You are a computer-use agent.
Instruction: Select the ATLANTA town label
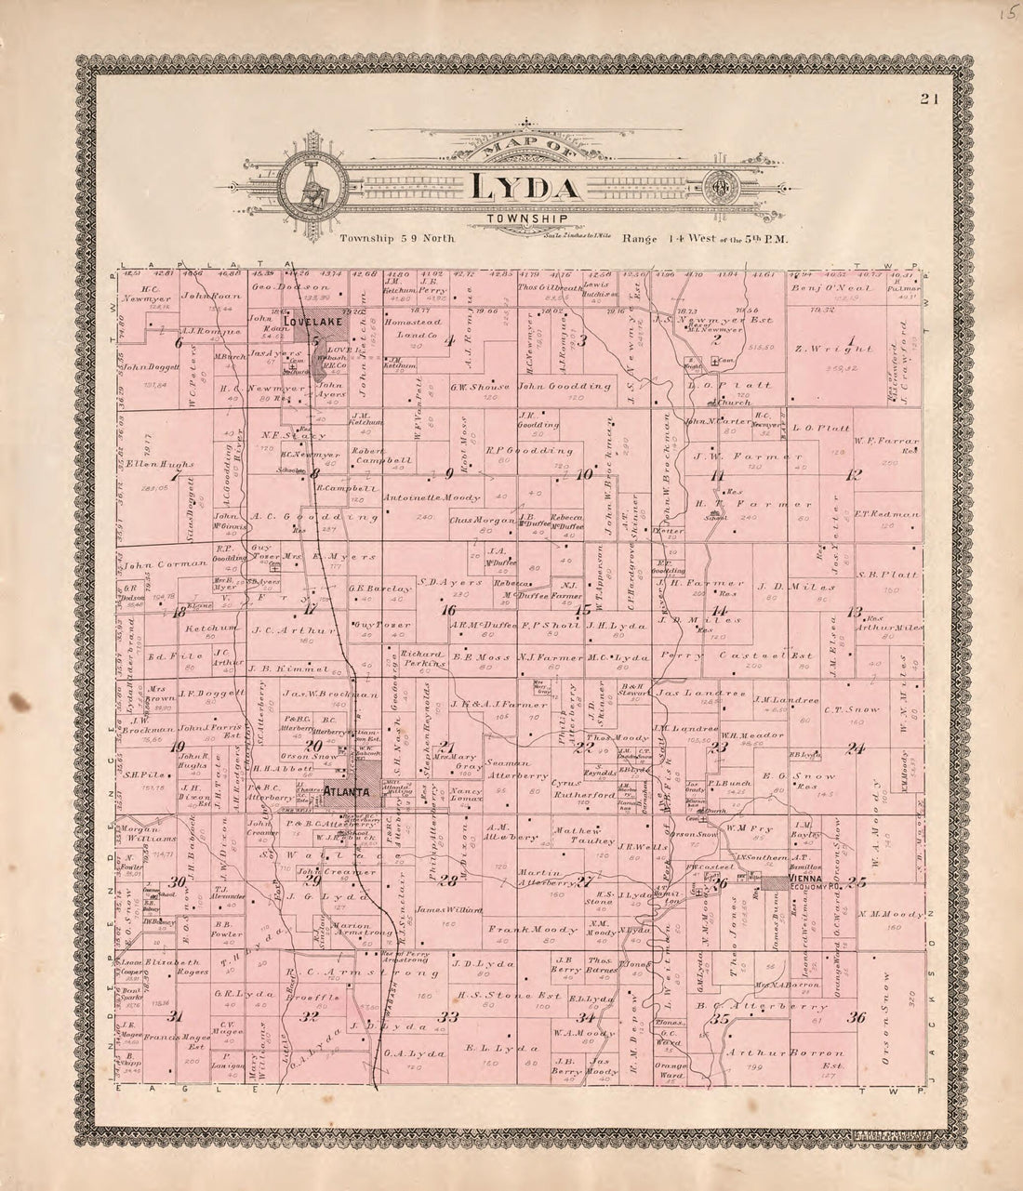[x=346, y=792]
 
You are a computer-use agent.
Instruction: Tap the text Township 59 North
[x=397, y=238]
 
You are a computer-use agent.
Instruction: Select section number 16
[x=449, y=611]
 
